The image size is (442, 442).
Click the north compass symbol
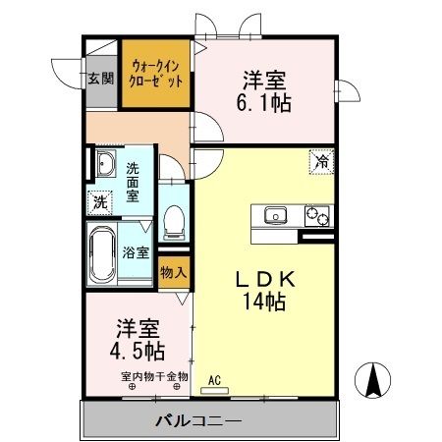[x=372, y=380]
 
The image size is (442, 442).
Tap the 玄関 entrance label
[x=101, y=79]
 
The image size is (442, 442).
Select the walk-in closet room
[x=156, y=74]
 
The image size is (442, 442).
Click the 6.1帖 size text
[x=263, y=103]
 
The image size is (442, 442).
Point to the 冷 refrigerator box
[x=321, y=161]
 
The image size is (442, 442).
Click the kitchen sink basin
[x=275, y=215]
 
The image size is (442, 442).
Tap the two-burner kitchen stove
[x=316, y=215]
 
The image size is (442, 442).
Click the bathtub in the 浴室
[x=102, y=254]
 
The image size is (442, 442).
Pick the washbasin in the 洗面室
[x=106, y=163]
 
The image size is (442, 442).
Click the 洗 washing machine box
[x=100, y=203]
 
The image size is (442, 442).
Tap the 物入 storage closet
[x=174, y=272]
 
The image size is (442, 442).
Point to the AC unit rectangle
[x=214, y=391]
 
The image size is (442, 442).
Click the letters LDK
[x=265, y=279]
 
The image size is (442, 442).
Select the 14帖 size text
[x=264, y=302]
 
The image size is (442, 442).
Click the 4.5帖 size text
[x=137, y=352]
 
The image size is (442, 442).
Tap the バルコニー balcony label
[x=198, y=420]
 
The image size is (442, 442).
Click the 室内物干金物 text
[x=154, y=376]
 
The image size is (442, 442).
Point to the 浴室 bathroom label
[x=136, y=252]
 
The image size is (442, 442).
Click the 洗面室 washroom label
[x=133, y=183]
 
